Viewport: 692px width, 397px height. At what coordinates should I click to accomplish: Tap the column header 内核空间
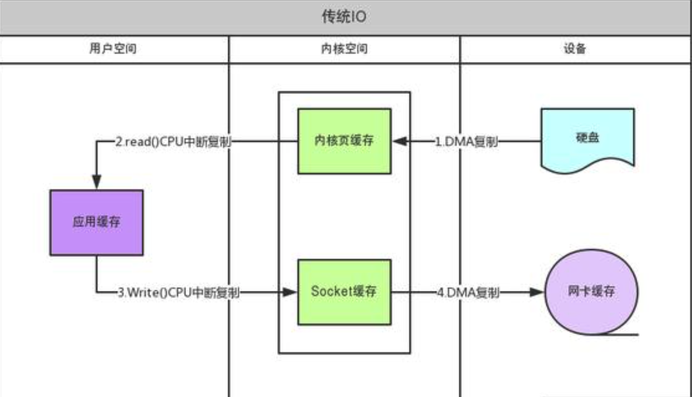pyautogui.click(x=344, y=49)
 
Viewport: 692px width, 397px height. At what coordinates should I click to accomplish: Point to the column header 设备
pyautogui.click(x=575, y=49)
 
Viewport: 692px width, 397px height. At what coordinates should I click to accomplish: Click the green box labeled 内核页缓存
pyautogui.click(x=344, y=141)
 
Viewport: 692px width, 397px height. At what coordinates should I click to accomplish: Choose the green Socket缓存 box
pyautogui.click(x=344, y=292)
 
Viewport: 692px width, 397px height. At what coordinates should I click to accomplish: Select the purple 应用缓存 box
pyautogui.click(x=96, y=222)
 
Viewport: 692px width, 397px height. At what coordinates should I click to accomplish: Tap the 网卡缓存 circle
pyautogui.click(x=591, y=292)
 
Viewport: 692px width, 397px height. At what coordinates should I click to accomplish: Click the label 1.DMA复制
pyautogui.click(x=466, y=142)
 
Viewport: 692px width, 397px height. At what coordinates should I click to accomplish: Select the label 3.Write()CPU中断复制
pyautogui.click(x=178, y=293)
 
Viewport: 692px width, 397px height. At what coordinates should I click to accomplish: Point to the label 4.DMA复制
pyautogui.click(x=468, y=293)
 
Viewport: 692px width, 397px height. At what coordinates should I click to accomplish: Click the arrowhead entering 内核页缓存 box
pyautogui.click(x=399, y=142)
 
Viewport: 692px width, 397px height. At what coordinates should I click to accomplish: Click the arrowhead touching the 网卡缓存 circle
pyautogui.click(x=537, y=293)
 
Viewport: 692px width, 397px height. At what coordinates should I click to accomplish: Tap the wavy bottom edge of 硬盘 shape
pyautogui.click(x=587, y=167)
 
